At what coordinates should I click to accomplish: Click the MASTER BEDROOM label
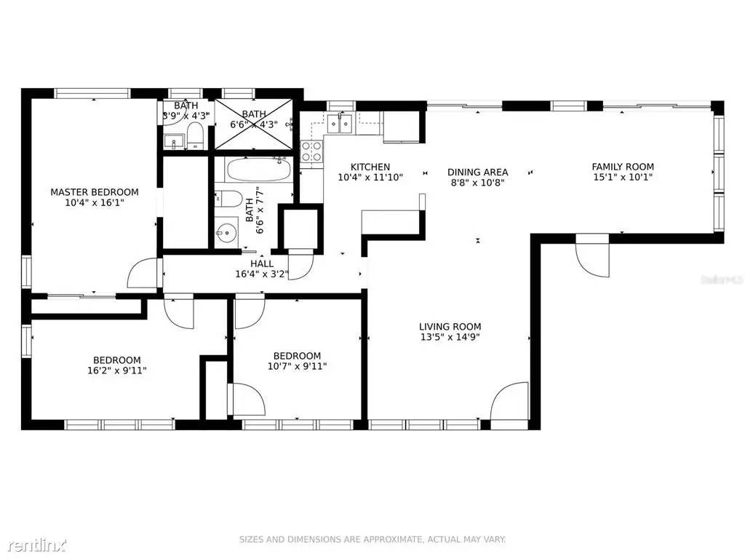click(x=94, y=192)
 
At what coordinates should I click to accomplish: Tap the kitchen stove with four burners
click(x=312, y=151)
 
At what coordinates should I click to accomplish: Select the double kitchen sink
click(x=340, y=123)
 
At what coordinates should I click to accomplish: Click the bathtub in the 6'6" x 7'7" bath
click(x=259, y=170)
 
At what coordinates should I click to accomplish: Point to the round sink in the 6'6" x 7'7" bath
click(x=226, y=233)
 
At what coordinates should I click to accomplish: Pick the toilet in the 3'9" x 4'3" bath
click(x=194, y=135)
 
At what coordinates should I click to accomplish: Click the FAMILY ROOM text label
click(x=622, y=167)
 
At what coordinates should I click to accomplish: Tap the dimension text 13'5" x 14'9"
click(x=450, y=337)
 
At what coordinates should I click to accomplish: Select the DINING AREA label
click(x=477, y=173)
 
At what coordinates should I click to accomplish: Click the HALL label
click(x=262, y=263)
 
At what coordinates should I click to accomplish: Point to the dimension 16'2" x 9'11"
click(x=116, y=370)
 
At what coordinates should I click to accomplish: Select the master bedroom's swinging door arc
click(x=143, y=274)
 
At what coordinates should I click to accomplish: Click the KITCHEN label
click(x=370, y=167)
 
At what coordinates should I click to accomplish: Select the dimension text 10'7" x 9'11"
click(x=297, y=366)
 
